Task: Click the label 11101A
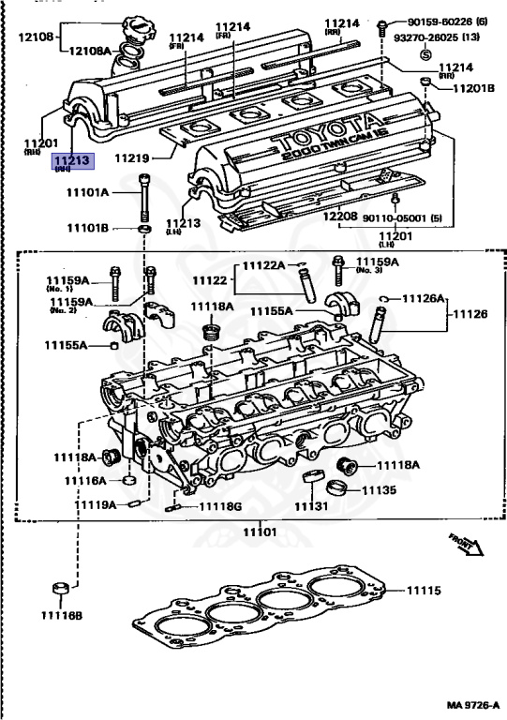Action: click(x=87, y=192)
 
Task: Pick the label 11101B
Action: click(x=87, y=228)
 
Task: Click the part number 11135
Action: click(x=379, y=489)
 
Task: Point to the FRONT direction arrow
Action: click(x=466, y=545)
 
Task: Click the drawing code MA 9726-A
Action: click(x=474, y=705)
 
